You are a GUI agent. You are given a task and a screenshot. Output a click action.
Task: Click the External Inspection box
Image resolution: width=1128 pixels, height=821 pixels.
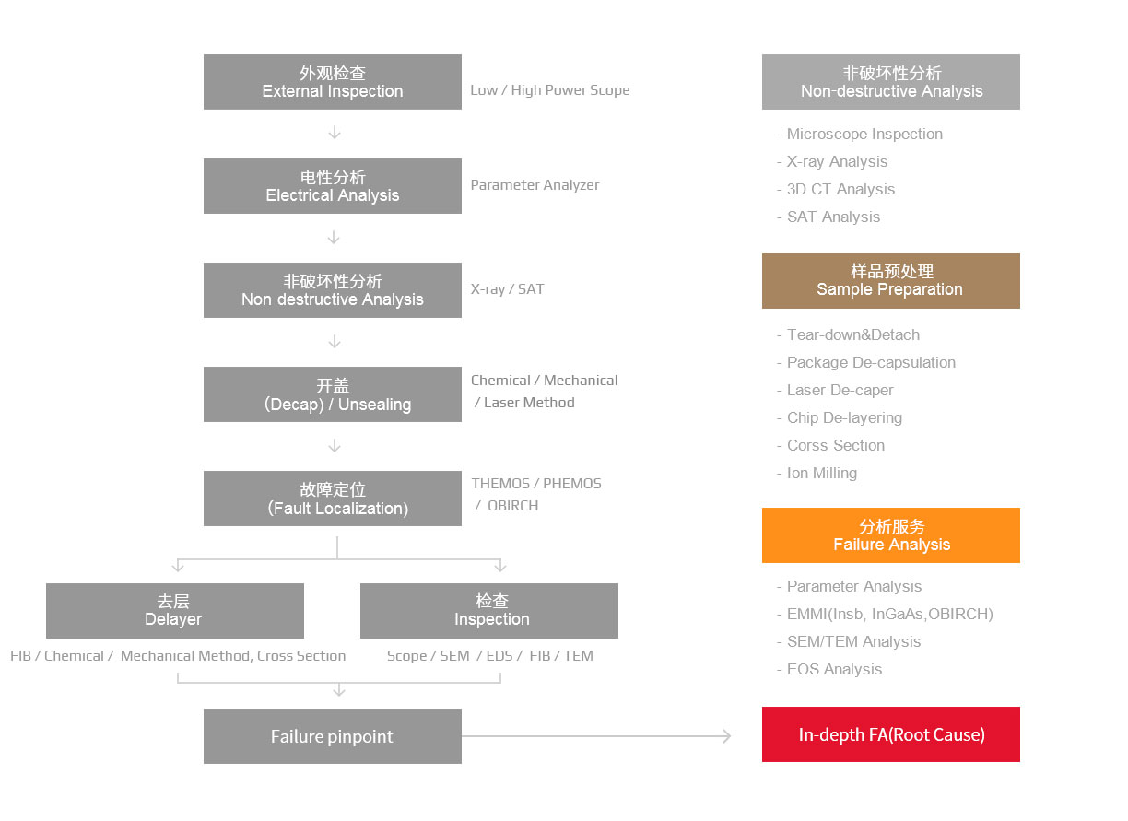point(333,82)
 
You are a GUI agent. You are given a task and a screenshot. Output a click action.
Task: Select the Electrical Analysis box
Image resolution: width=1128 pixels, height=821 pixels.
point(333,186)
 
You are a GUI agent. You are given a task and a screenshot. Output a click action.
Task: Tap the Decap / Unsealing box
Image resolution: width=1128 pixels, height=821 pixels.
point(333,394)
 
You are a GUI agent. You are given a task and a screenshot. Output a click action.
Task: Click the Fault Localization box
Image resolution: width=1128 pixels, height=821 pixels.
point(333,498)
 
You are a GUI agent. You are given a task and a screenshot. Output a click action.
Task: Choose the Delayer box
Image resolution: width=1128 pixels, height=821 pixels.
point(175,611)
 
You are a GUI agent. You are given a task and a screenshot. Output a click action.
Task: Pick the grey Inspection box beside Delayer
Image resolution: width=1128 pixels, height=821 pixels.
point(489,611)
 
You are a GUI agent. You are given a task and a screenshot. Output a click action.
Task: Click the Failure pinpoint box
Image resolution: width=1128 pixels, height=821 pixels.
point(333,736)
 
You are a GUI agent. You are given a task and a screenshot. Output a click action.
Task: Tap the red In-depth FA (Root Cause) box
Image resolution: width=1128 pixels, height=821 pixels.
point(891,733)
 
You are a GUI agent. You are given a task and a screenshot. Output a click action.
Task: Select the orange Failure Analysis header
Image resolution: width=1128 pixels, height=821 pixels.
point(891,535)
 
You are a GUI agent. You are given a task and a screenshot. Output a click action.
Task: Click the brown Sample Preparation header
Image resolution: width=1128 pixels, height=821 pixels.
point(891,281)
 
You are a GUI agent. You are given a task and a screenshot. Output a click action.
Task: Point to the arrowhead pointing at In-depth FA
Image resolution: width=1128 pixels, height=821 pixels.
point(728,736)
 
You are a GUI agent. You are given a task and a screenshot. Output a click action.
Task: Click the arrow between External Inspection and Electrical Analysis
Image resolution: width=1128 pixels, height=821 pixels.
point(335,133)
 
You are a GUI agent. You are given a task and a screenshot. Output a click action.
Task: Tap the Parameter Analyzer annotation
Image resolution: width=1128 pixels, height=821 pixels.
point(535,185)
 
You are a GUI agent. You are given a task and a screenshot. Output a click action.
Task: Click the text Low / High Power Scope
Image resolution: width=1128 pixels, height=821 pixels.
point(550,90)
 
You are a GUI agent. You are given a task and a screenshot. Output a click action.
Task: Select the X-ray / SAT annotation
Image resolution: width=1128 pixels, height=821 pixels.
point(507,289)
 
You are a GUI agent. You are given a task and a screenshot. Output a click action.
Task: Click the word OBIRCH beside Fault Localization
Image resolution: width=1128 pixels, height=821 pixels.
point(512,505)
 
